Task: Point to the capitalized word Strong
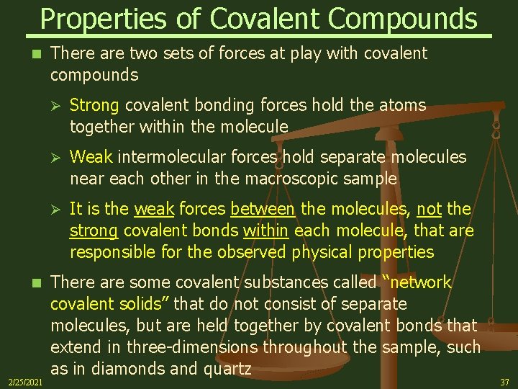tap(95, 106)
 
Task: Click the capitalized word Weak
tap(91, 157)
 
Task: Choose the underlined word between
tap(263, 209)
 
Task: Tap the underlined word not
tap(430, 209)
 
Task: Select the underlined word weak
tap(154, 209)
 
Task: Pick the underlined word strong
tap(94, 231)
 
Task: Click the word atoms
tap(402, 106)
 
